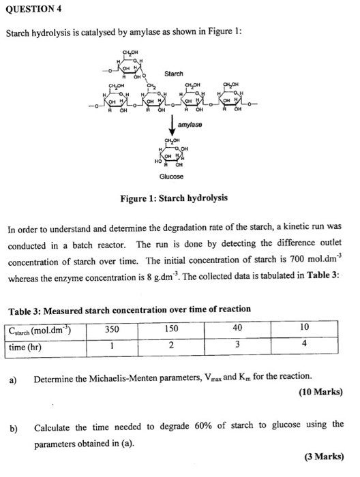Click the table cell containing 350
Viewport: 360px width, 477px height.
112,329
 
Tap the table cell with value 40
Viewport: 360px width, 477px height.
237,329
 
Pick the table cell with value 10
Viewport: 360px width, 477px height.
304,329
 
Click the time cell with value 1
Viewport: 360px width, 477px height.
112,345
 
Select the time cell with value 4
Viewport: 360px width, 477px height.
304,345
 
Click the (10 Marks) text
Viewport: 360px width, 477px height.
320,393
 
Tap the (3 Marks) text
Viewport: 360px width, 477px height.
323,457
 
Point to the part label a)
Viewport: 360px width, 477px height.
13,377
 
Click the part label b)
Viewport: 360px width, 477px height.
13,427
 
